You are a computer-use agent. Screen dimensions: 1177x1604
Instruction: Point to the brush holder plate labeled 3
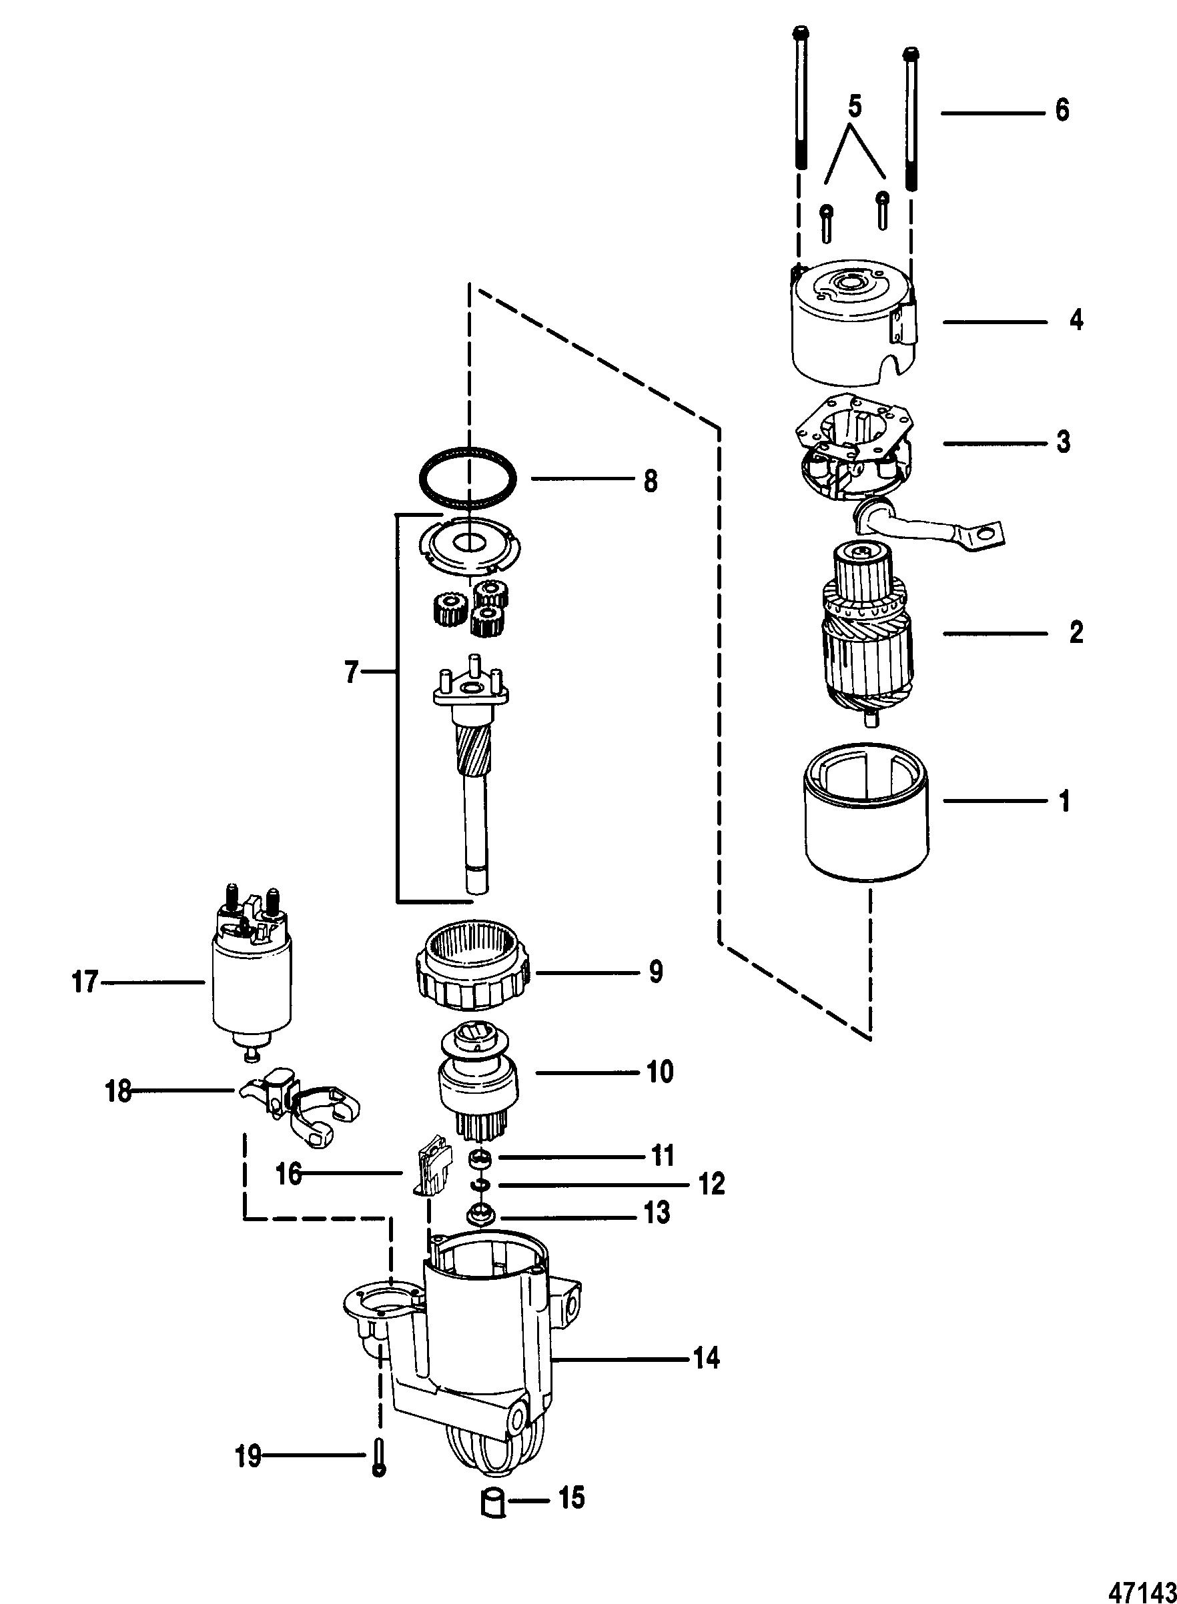point(853,457)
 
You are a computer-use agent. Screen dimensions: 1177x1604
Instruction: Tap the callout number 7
point(352,672)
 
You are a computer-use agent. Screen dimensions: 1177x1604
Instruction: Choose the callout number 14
point(706,1359)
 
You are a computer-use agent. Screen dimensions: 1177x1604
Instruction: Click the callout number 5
point(855,107)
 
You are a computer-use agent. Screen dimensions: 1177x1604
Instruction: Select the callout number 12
point(711,1184)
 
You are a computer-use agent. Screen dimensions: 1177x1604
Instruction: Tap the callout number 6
point(1062,111)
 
